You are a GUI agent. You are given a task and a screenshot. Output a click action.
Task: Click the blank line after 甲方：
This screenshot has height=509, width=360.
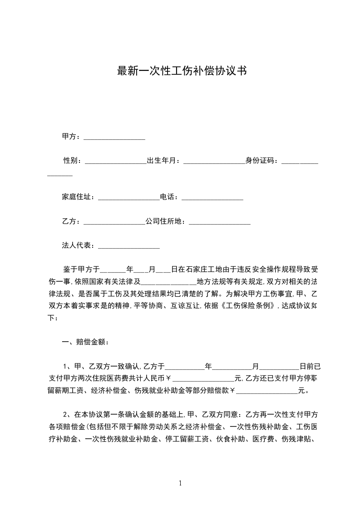pyautogui.click(x=114, y=137)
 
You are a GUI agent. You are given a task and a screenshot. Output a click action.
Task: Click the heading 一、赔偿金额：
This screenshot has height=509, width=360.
pyautogui.click(x=85, y=342)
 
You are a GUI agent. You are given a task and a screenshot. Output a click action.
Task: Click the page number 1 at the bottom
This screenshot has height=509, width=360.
pyautogui.click(x=180, y=484)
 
